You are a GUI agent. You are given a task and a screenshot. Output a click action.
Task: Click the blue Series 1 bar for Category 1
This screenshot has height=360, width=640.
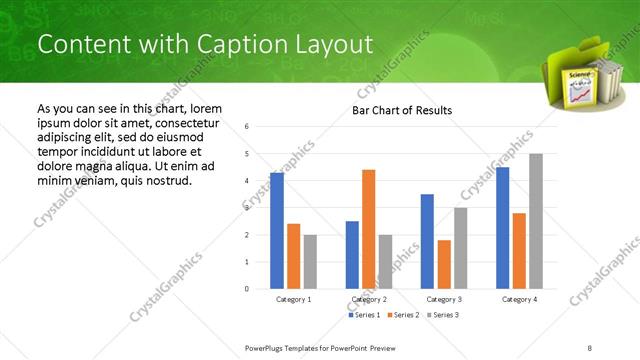[277, 231]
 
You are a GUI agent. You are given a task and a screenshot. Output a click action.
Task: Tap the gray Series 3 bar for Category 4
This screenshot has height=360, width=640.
[536, 221]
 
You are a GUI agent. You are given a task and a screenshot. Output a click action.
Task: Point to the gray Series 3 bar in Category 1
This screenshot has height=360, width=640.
[310, 262]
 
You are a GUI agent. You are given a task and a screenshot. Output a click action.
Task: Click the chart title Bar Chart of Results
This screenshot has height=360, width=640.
[402, 110]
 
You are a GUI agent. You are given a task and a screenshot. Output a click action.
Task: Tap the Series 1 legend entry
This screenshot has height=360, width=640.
[365, 315]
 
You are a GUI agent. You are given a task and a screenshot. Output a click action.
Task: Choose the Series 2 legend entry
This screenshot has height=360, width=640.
[403, 315]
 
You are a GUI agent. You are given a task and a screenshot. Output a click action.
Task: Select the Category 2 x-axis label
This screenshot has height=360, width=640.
[369, 299]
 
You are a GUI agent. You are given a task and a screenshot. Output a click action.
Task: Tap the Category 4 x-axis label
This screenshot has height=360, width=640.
[519, 299]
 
